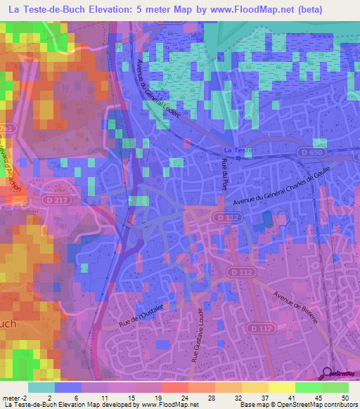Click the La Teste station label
pos(237,151)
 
